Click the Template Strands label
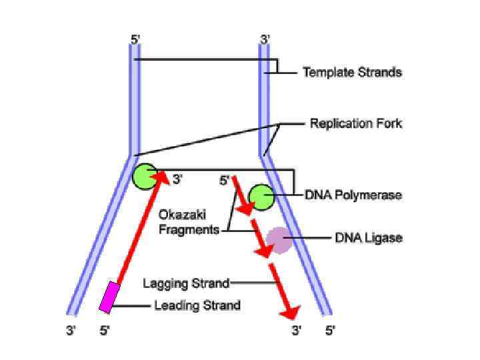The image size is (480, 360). tap(352, 72)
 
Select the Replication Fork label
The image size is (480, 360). tap(355, 124)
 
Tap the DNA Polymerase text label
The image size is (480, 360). tap(353, 195)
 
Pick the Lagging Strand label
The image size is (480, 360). tap(186, 283)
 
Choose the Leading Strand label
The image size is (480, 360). tap(197, 306)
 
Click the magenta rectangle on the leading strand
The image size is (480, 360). tap(109, 297)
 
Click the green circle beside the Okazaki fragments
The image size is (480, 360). tap(261, 197)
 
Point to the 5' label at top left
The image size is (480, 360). tap(135, 40)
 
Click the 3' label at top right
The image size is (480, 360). tap(264, 40)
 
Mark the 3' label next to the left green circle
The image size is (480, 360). tap(177, 179)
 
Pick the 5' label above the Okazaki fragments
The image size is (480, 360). tap(225, 180)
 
